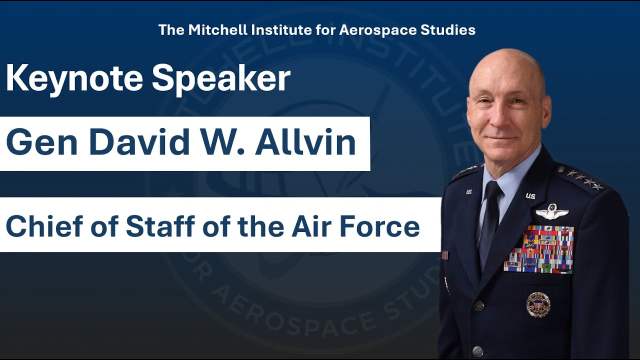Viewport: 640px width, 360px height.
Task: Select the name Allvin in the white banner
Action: click(x=305, y=142)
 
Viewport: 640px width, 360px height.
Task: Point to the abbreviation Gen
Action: click(x=42, y=142)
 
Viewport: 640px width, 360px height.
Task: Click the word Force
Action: click(x=383, y=226)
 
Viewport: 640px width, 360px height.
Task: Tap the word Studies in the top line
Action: click(x=447, y=30)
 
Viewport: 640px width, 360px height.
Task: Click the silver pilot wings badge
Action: click(x=552, y=211)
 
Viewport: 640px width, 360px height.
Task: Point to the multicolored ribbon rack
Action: click(x=539, y=249)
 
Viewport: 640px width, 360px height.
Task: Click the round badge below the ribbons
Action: click(x=538, y=304)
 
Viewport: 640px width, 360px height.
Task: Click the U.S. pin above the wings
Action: click(x=530, y=195)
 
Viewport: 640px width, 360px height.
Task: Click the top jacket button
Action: click(x=478, y=305)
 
